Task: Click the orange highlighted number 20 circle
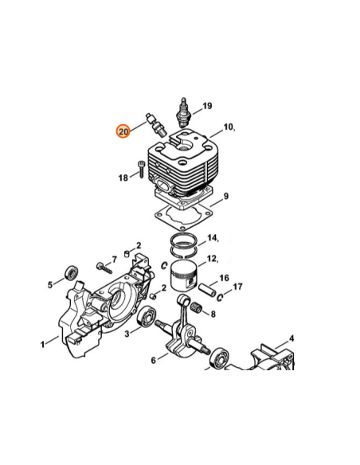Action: click(x=123, y=131)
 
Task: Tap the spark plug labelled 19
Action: click(x=184, y=114)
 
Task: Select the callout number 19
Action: click(x=207, y=106)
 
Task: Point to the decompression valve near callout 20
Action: click(x=157, y=125)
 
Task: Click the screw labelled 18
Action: click(x=141, y=170)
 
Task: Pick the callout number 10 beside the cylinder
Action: click(x=228, y=127)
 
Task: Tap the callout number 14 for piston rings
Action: click(x=212, y=238)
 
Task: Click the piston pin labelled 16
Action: click(x=207, y=289)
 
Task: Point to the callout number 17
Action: click(x=237, y=287)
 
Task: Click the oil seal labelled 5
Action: click(x=72, y=273)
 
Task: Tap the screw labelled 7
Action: click(x=104, y=268)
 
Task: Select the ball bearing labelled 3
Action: click(x=146, y=317)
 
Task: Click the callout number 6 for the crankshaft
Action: click(x=153, y=361)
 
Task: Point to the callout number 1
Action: click(x=43, y=344)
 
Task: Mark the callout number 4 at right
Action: click(x=292, y=338)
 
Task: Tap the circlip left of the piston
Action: click(x=164, y=265)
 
